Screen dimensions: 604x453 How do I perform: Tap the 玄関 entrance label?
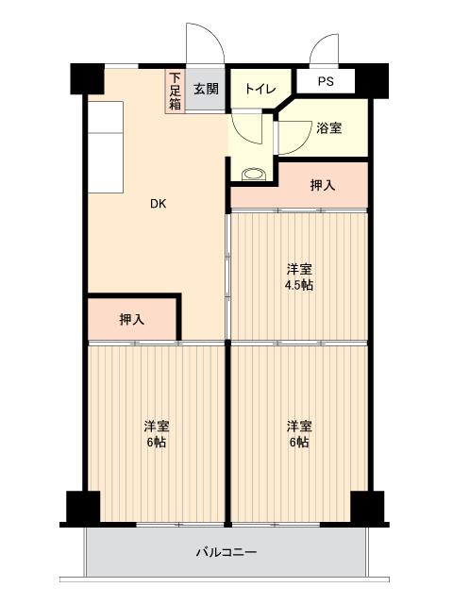tap(206, 90)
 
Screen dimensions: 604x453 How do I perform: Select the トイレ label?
tap(260, 90)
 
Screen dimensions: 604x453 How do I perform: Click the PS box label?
tap(326, 82)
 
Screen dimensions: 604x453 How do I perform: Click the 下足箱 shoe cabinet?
tap(176, 92)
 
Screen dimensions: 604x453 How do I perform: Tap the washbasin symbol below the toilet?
tap(253, 173)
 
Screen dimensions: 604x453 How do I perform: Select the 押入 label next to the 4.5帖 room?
tap(322, 185)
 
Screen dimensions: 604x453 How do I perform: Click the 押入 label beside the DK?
tap(132, 320)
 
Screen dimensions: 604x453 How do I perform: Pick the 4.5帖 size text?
tap(299, 284)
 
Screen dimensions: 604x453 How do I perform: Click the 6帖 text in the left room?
tap(157, 442)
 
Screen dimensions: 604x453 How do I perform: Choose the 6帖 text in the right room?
tap(299, 442)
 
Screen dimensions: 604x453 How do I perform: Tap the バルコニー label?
tap(226, 552)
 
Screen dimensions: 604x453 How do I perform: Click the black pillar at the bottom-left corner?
tap(82, 507)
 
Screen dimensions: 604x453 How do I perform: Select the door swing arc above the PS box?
tap(326, 49)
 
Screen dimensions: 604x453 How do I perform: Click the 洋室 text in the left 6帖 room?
tap(157, 426)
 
